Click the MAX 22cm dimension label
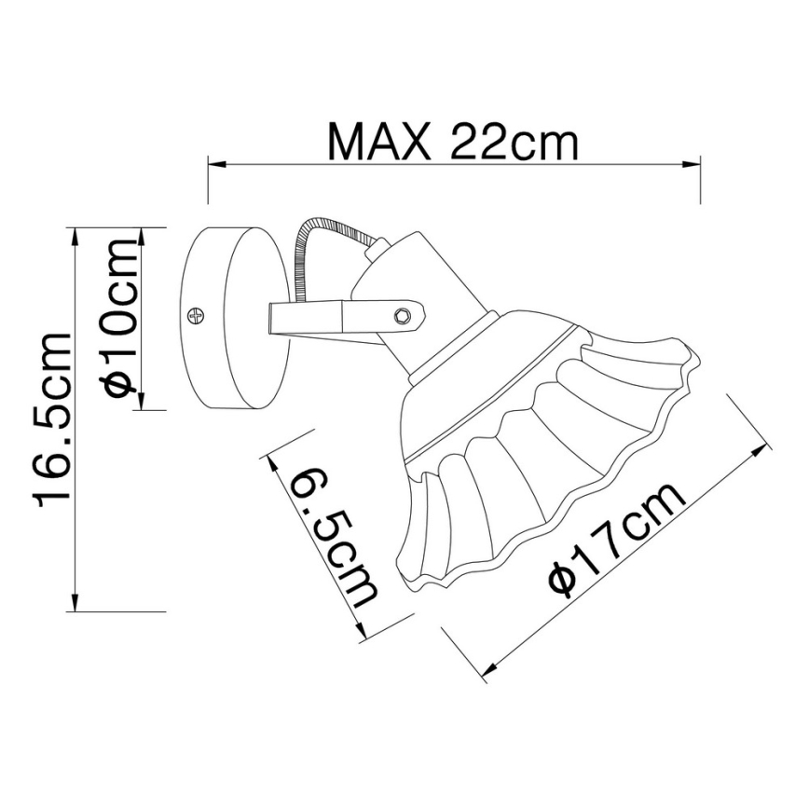click(453, 143)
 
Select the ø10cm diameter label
click(121, 317)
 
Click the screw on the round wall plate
click(196, 316)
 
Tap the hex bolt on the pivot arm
click(403, 315)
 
